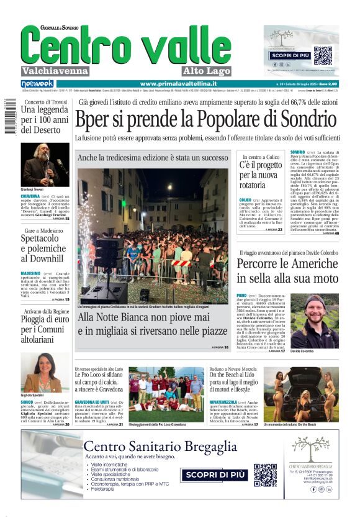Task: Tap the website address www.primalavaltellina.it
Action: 178,84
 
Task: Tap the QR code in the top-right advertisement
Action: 322,55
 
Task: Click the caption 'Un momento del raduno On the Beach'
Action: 308,424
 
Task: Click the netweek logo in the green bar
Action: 37,84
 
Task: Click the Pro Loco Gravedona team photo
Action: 166,393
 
